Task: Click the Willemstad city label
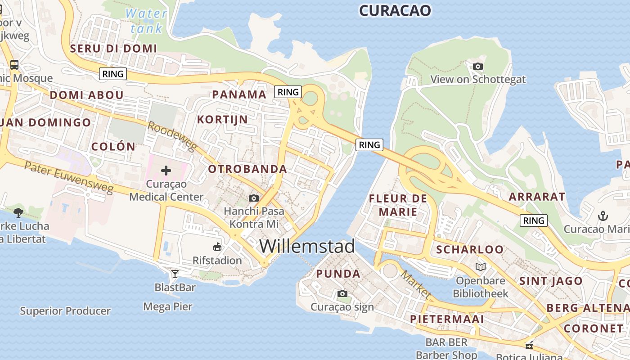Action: click(307, 247)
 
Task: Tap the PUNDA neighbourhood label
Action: click(338, 274)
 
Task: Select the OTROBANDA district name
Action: click(247, 169)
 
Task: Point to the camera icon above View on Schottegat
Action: click(478, 67)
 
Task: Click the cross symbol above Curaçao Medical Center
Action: click(166, 170)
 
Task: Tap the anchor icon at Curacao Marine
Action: click(603, 216)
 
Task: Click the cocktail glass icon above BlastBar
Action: click(175, 274)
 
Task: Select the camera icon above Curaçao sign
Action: click(342, 294)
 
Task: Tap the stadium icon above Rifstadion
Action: click(217, 247)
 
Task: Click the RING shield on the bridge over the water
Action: click(369, 145)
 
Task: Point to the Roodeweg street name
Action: click(172, 136)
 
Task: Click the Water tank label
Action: click(146, 21)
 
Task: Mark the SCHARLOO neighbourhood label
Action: click(470, 249)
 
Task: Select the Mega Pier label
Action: click(168, 307)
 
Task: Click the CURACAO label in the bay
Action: click(395, 11)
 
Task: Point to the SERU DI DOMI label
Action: click(113, 49)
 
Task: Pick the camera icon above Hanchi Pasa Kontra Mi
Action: click(254, 198)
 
